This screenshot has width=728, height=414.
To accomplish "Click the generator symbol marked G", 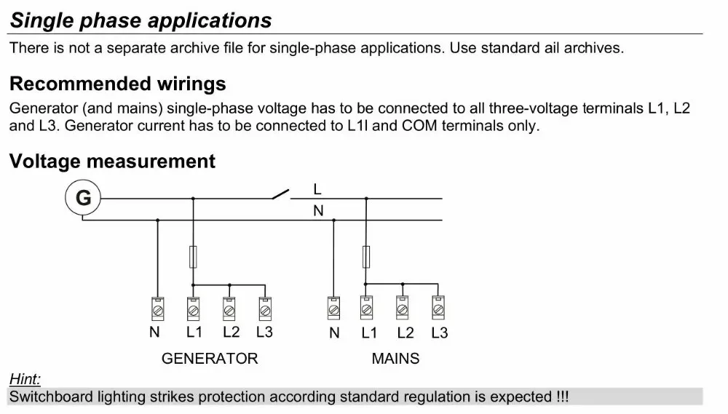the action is tap(83, 198).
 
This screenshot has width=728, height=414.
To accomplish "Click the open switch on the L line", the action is tap(281, 194).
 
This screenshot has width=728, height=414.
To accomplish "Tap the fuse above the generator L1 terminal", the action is tap(193, 257).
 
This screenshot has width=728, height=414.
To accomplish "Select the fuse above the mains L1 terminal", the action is tap(366, 257).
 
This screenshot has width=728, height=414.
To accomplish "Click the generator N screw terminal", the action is tap(158, 308).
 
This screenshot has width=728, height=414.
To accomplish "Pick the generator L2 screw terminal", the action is tap(229, 308).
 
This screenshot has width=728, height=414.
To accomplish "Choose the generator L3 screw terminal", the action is tap(265, 308).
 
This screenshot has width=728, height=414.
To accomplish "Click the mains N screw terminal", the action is tap(333, 308).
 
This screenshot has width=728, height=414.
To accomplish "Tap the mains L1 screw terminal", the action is tap(366, 308).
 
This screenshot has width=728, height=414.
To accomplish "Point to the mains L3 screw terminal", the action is tap(438, 308).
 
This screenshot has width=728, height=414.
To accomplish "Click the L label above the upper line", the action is tap(317, 189).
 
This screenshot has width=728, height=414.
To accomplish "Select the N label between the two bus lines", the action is tap(318, 211).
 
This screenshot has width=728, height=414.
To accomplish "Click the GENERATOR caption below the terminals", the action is tap(210, 358).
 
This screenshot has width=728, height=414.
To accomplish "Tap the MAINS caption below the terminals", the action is tap(395, 358).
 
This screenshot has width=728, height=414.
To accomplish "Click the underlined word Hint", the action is tap(25, 379).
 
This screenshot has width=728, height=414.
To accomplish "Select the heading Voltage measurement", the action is tap(112, 161).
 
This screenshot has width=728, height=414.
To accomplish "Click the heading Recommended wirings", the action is tap(117, 84).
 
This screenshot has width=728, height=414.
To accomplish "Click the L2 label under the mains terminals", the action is tap(405, 333).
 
